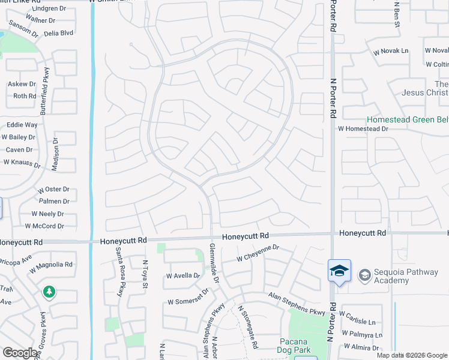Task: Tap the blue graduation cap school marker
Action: pyautogui.click(x=339, y=271)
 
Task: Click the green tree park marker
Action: pyautogui.click(x=49, y=292)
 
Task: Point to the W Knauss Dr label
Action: pyautogui.click(x=22, y=162)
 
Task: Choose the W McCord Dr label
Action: pyautogui.click(x=44, y=226)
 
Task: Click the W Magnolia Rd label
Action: pyautogui.click(x=52, y=264)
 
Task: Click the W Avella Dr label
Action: pyautogui.click(x=182, y=276)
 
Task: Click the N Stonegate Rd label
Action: pyautogui.click(x=247, y=326)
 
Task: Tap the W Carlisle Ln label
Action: pyautogui.click(x=361, y=314)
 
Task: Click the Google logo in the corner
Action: pyautogui.click(x=20, y=353)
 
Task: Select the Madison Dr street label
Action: pyautogui.click(x=55, y=155)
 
